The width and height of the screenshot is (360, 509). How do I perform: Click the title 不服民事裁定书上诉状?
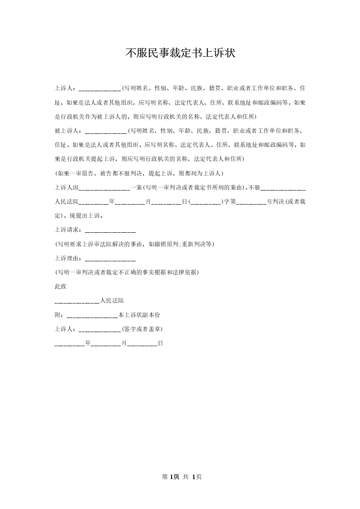pyautogui.click(x=180, y=53)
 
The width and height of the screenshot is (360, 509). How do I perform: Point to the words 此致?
pyautogui.click(x=60, y=286)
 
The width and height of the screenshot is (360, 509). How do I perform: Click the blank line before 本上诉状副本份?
pyautogui.click(x=92, y=315)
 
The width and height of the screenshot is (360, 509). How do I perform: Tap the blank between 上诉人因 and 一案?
pyautogui.click(x=104, y=187)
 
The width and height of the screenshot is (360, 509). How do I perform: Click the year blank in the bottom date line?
pyautogui.click(x=69, y=344)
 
